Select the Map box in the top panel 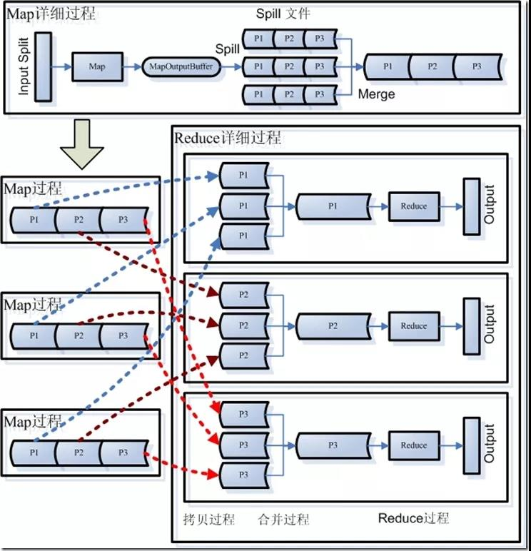[x=96, y=66]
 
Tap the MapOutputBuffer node [x=181, y=66]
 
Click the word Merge [x=376, y=94]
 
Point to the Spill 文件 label [x=283, y=14]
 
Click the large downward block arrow [x=82, y=143]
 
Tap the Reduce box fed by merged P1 [x=414, y=206]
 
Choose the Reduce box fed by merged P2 [x=414, y=325]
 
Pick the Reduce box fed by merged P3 [x=414, y=445]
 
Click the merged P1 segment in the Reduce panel [x=332, y=206]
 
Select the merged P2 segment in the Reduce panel [x=332, y=325]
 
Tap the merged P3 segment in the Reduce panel [x=332, y=445]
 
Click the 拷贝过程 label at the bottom [x=209, y=519]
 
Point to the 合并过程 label [x=283, y=519]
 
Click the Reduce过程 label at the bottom [x=413, y=518]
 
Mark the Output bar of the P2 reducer [x=471, y=325]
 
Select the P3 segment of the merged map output [x=477, y=66]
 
